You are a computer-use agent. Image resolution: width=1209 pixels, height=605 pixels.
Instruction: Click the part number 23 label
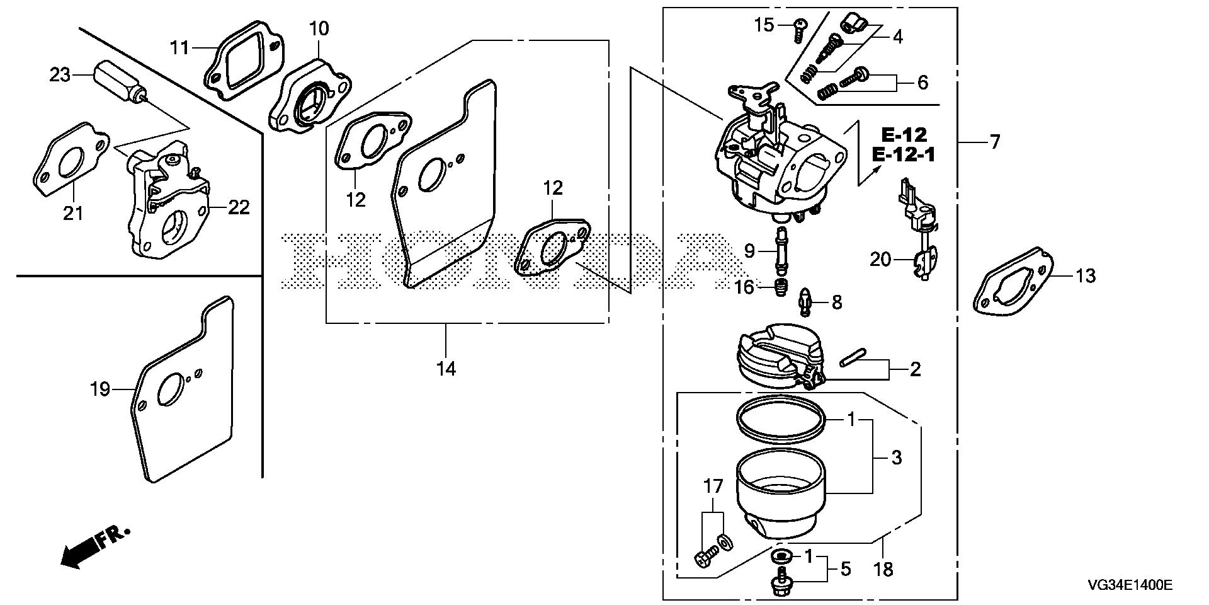click(60, 76)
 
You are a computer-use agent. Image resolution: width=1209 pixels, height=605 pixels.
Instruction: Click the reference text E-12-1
click(903, 154)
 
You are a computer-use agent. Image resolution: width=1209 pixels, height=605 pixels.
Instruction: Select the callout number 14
click(446, 369)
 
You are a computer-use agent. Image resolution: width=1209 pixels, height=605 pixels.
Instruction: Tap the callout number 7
click(994, 142)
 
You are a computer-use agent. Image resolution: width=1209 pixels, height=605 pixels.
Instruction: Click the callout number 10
click(319, 28)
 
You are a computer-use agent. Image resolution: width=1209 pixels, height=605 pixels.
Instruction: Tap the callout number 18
click(883, 570)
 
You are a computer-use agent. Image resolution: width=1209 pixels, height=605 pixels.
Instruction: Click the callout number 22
click(238, 207)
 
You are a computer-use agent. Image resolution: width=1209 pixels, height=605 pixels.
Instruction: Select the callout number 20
click(880, 259)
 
